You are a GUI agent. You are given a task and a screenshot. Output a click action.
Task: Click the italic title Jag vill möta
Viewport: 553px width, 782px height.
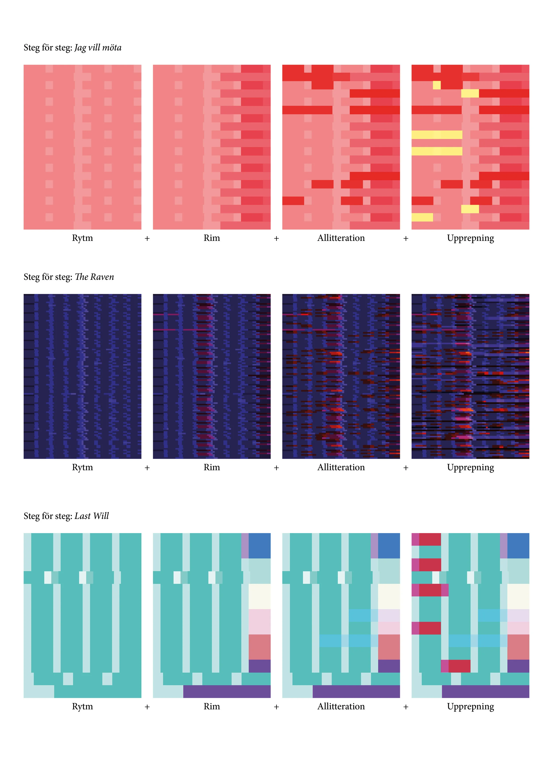98,48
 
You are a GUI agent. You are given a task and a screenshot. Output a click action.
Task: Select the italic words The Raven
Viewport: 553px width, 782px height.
94,277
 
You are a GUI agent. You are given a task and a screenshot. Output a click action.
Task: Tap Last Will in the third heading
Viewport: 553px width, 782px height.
92,516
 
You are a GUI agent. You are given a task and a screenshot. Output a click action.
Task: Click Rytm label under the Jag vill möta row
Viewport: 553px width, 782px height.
83,238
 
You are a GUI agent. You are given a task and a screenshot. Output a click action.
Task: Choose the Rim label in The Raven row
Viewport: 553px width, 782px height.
212,467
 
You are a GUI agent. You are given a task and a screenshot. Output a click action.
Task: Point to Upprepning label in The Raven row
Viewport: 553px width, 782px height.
470,468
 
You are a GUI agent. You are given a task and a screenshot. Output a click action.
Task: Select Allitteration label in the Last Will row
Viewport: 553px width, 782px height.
341,706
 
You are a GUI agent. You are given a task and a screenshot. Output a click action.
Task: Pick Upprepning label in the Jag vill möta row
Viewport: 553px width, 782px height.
470,238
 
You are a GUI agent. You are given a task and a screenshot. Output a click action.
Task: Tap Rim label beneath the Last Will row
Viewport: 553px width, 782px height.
212,706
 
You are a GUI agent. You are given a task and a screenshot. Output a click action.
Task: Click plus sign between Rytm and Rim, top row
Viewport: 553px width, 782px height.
147,238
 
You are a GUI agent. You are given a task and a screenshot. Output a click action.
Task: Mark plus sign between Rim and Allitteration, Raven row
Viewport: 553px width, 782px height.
276,468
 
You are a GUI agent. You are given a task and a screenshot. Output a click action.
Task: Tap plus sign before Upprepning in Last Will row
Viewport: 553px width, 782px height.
406,707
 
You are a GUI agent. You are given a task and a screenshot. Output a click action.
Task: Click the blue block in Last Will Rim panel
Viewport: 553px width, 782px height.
259,546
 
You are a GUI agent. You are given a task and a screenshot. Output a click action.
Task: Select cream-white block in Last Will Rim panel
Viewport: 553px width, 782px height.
259,596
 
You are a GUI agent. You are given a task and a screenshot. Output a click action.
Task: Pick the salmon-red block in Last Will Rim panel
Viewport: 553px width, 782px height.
259,647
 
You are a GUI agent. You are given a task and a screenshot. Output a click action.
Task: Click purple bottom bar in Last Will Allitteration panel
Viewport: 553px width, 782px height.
356,691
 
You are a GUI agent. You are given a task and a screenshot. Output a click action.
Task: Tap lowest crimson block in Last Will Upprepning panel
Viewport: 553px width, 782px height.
459,666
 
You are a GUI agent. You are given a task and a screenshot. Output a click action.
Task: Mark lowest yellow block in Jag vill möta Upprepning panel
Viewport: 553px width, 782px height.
422,217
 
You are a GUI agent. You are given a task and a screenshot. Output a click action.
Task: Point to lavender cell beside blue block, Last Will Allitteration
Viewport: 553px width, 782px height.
374,546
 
